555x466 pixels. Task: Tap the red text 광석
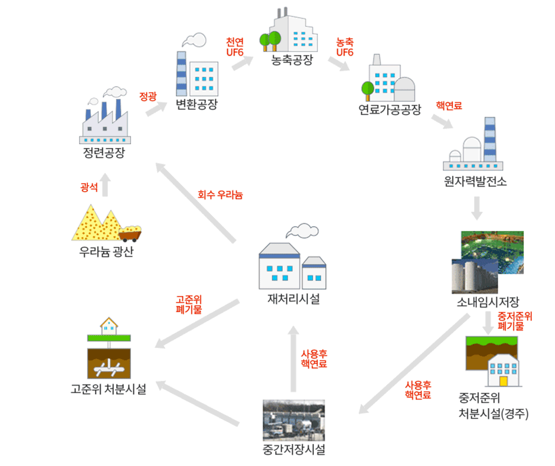tap(89, 187)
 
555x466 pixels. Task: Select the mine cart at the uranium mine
tap(131, 233)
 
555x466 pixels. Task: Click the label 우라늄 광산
tap(106, 252)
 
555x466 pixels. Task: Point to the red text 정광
tap(148, 96)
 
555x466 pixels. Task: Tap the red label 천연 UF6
tap(235, 47)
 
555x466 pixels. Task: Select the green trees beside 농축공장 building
tap(270, 40)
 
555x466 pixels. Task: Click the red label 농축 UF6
tap(344, 47)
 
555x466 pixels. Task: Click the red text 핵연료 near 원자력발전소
tap(449, 106)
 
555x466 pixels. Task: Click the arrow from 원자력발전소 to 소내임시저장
tap(476, 208)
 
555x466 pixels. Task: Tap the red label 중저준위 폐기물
tap(514, 321)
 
